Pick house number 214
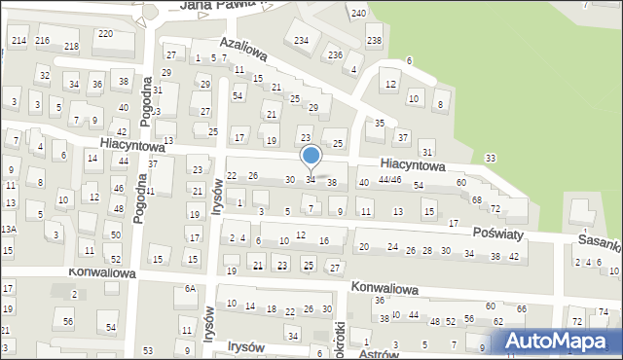(18, 39)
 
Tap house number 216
(42, 40)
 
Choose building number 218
(71, 46)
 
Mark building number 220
(105, 33)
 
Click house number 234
(301, 40)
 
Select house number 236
(335, 54)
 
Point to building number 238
(374, 40)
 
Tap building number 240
(358, 13)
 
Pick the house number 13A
(8, 229)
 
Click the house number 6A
(191, 289)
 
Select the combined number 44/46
(389, 180)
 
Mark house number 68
(477, 199)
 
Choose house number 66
(522, 308)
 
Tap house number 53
(148, 350)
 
